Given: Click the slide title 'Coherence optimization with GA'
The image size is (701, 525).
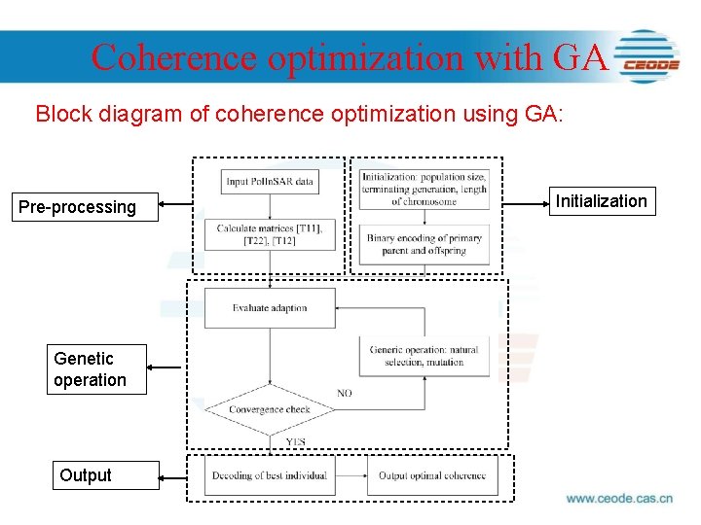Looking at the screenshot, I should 350,57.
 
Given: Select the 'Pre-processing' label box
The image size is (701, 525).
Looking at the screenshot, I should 78,207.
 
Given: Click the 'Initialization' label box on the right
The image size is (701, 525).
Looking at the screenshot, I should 601,201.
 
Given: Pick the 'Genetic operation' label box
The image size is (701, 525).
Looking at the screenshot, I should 90,369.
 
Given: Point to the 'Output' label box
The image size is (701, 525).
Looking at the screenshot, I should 86,475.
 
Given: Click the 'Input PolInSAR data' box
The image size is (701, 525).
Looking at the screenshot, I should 270,182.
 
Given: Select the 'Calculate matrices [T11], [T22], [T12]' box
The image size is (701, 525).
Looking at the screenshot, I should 270,234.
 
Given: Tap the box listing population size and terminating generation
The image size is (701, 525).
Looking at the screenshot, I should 424,189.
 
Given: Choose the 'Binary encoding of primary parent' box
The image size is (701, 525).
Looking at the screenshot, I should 424,244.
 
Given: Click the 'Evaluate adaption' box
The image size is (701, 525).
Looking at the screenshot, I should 270,308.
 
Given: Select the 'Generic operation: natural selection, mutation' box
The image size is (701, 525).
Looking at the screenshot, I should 424,356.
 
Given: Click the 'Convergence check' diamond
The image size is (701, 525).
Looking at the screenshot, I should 270,409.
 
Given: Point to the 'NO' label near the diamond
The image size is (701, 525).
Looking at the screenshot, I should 345,393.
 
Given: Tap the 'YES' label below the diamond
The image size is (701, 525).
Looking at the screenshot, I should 295,442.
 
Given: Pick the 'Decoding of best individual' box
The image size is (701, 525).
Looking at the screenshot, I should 270,475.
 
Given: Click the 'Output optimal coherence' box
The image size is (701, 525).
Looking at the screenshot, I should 432,475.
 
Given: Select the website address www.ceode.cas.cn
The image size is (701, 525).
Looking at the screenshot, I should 619,499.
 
